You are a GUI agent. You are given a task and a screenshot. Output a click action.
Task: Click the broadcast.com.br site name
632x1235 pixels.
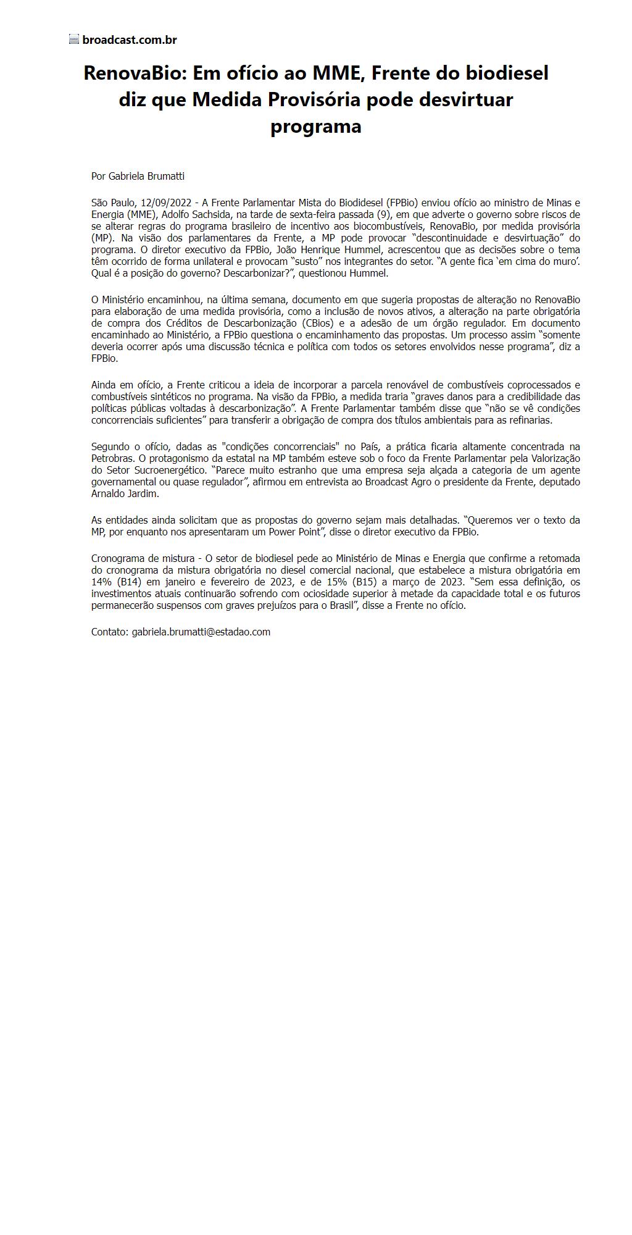[130, 40]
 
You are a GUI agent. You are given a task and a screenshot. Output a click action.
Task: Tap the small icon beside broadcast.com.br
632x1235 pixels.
[74, 40]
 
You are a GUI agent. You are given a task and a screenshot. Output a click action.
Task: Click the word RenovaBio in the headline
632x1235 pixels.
[135, 73]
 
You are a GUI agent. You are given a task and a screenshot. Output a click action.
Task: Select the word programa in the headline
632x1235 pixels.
[315, 126]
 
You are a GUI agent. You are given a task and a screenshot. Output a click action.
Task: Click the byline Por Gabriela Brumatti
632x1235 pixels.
[138, 176]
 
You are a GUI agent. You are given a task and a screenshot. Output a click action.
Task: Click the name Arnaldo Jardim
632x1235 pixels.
[125, 493]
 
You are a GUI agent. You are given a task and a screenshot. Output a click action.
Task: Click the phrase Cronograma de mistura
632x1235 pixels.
[143, 558]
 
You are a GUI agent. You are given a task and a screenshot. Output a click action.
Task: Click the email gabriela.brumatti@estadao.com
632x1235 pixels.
[201, 632]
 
